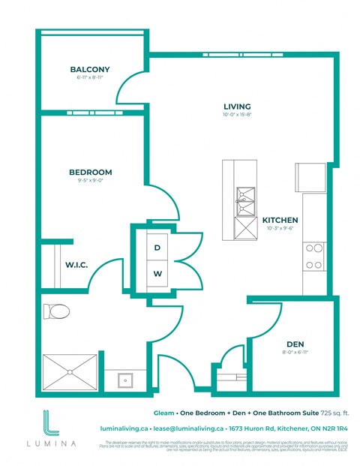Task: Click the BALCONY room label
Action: coord(90,70)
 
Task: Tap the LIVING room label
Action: coord(236,106)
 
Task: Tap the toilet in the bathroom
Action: coord(57,311)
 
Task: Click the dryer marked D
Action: coord(157,247)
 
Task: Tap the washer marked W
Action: coord(157,274)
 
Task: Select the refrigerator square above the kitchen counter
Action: coord(310,176)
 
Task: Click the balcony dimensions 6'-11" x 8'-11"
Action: coord(90,78)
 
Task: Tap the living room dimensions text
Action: coord(236,115)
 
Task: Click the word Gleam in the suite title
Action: coord(163,413)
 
